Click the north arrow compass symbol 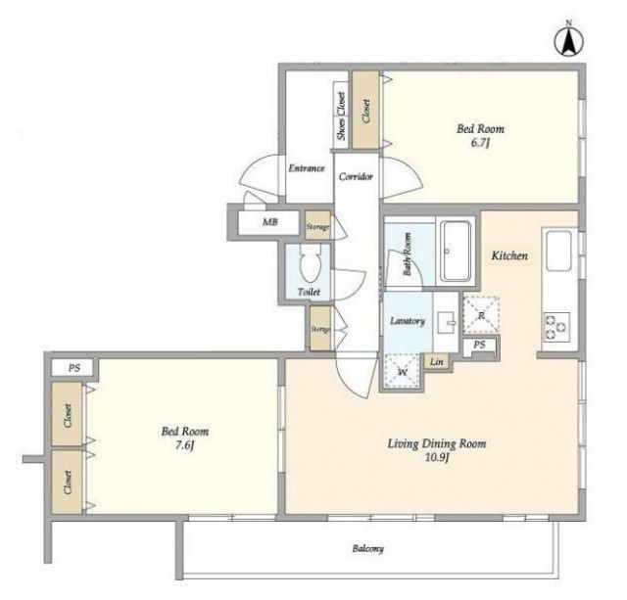(x=568, y=41)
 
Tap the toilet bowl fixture (x=310, y=262)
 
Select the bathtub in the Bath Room (x=455, y=251)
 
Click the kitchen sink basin (x=558, y=252)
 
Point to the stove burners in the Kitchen (x=556, y=327)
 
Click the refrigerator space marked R (x=481, y=315)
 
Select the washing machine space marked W (x=403, y=371)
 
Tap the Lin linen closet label (x=437, y=362)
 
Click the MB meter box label (x=270, y=222)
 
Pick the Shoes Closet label (x=341, y=115)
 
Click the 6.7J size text (x=480, y=143)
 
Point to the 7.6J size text (x=184, y=445)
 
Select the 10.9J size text (x=437, y=457)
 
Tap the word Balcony (x=368, y=548)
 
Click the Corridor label (x=356, y=176)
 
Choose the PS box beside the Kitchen (x=479, y=345)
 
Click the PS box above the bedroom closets (x=74, y=367)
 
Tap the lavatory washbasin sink (x=446, y=322)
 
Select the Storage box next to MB (x=317, y=226)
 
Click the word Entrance (x=307, y=168)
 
